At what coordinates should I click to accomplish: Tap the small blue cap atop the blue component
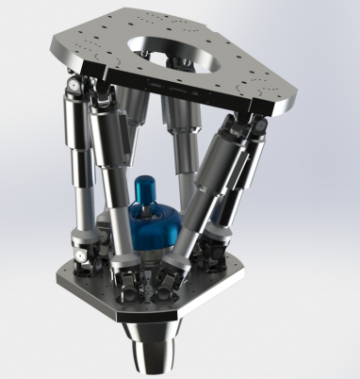click(x=146, y=186)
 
